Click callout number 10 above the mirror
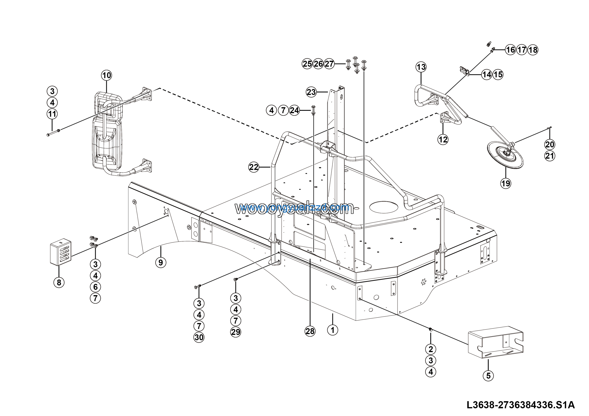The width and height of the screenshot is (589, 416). tap(107, 75)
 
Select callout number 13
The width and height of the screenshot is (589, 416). tap(421, 67)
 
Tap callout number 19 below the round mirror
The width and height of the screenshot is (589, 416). tap(506, 183)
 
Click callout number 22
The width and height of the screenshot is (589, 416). tap(254, 167)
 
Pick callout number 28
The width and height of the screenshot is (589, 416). tap(310, 331)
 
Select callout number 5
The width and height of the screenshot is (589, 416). tap(488, 376)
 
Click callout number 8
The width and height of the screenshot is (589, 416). tap(59, 282)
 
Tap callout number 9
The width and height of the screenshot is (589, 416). tap(161, 262)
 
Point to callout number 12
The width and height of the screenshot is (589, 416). tap(443, 139)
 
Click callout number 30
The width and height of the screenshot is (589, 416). tap(199, 337)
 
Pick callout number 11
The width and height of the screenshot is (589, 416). tap(52, 114)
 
